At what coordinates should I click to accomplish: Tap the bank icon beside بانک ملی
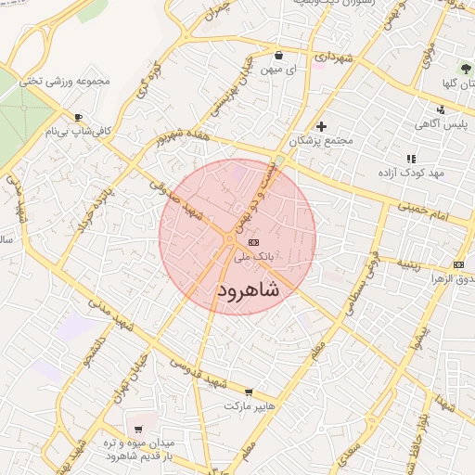pos(254,241)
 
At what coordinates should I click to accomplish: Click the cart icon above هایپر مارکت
pos(248,392)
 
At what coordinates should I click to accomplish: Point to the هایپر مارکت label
pos(248,406)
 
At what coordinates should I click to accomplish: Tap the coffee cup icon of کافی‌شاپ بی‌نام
pos(78,117)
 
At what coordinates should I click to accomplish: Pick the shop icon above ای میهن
pos(278,55)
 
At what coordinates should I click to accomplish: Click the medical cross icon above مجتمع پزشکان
pos(321,126)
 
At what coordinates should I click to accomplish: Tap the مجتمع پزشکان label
pos(321,141)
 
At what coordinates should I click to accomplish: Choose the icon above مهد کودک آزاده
pos(411,159)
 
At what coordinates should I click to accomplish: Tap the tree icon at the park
pos(467,69)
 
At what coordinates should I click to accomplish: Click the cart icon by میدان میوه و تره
pos(138,430)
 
